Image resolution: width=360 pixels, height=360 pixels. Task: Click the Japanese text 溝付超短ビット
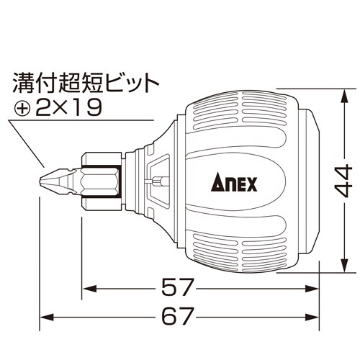coord(84,83)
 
